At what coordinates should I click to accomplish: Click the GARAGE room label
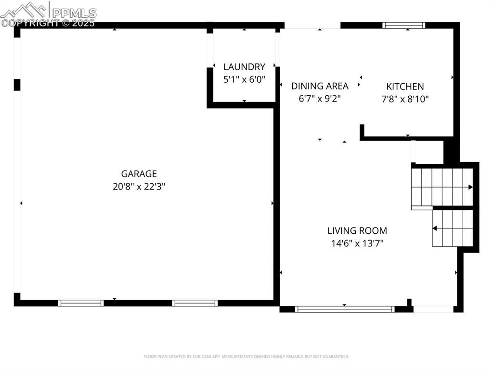139,174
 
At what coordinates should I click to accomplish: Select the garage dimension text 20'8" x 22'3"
139,187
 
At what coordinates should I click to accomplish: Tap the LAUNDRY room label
244,67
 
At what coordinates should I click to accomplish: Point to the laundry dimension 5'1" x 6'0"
244,79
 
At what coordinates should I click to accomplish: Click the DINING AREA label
320,86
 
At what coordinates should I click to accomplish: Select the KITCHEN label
405,87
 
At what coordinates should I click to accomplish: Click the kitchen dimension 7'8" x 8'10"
405,99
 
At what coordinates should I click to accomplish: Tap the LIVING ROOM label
357,231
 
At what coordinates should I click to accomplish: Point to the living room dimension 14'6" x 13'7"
357,243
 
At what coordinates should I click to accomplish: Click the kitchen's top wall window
404,25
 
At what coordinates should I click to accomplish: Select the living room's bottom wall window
345,309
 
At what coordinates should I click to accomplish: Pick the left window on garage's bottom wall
81,303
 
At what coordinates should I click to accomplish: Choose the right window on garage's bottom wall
195,303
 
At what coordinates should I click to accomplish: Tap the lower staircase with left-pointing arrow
453,228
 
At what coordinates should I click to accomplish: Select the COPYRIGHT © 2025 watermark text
48,23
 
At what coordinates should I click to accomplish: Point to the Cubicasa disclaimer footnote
246,356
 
